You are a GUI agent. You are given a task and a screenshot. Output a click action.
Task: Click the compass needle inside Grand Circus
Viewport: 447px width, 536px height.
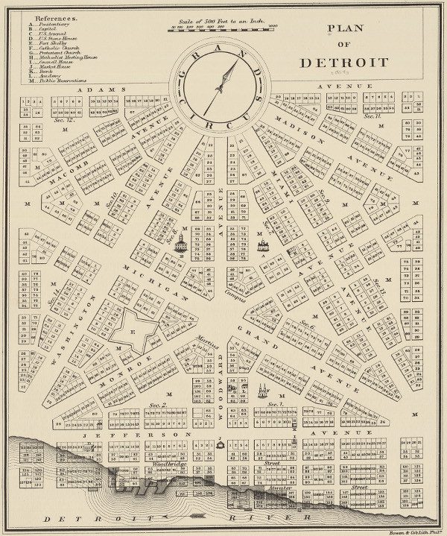[x=221, y=86]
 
